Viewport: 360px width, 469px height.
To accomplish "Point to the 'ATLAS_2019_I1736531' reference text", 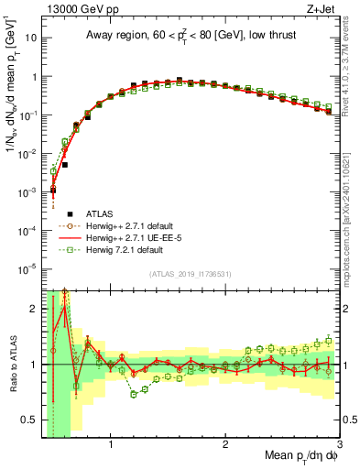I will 190,273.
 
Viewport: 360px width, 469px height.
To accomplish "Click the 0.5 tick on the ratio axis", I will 30,420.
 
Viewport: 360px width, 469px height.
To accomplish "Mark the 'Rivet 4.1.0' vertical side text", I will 351,69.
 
